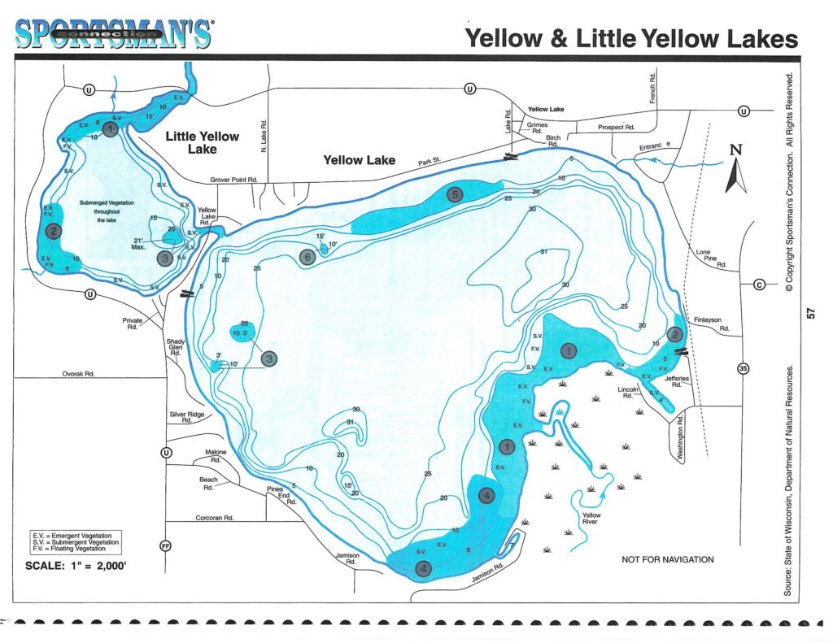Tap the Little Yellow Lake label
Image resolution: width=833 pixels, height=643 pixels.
click(x=203, y=142)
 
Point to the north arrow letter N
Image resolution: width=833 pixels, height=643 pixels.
click(x=735, y=150)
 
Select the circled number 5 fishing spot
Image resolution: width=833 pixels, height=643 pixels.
click(x=454, y=193)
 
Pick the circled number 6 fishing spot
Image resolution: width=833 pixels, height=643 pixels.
click(x=307, y=258)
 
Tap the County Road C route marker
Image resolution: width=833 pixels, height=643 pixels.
click(x=760, y=284)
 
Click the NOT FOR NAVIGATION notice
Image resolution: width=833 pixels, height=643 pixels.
click(x=667, y=559)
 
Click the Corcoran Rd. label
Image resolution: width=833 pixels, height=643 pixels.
click(x=216, y=517)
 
